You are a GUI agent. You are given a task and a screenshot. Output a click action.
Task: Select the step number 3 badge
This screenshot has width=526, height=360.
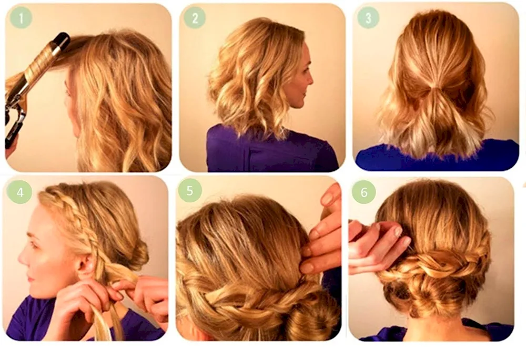coord(368,17)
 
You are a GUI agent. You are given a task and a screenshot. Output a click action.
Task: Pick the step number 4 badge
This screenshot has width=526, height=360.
coord(19,192)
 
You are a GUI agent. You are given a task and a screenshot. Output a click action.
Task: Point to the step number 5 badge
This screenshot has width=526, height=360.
coord(190,191)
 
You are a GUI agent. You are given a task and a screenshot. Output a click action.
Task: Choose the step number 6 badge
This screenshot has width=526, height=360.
coord(363,192)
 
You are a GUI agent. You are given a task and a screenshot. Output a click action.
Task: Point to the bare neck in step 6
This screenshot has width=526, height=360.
coord(431,328)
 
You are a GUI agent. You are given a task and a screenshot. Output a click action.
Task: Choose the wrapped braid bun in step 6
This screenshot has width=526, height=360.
coord(431,279)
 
